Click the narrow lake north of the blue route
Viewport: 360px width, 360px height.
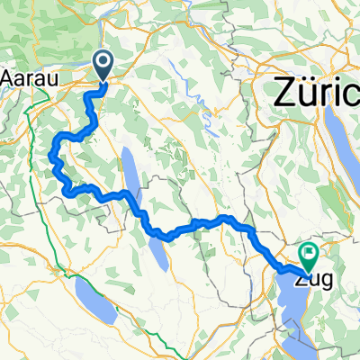point(131,175)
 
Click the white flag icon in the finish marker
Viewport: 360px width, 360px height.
point(308,254)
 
